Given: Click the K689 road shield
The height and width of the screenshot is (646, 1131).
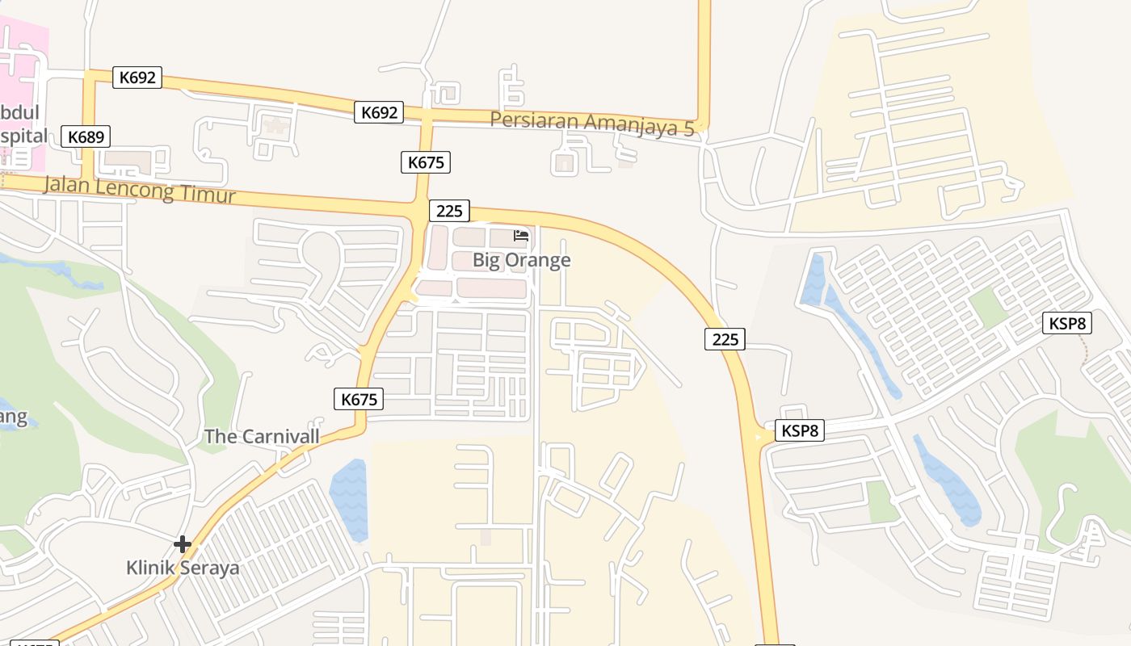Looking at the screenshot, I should click(x=86, y=136).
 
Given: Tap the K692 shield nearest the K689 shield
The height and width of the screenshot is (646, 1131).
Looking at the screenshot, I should click(x=137, y=78).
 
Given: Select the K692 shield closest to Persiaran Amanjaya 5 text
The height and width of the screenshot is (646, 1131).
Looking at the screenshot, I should click(x=378, y=112).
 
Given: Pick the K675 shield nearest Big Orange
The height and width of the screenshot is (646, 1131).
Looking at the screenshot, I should click(x=426, y=162).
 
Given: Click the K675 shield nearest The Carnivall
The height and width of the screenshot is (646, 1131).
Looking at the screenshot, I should click(x=359, y=399).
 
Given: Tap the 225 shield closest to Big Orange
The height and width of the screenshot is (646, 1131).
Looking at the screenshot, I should click(x=448, y=211).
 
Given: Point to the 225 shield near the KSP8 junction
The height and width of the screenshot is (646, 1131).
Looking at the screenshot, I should click(x=725, y=339).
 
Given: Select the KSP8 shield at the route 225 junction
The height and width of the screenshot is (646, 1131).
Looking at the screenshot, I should click(x=800, y=430).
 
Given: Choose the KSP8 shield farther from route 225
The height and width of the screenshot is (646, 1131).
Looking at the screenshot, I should click(x=1068, y=324).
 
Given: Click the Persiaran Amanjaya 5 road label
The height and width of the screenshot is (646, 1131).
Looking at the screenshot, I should click(x=592, y=124).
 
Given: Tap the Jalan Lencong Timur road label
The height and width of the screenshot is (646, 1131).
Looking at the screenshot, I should click(x=139, y=188).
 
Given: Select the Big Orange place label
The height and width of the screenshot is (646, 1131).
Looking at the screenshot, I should click(x=521, y=260).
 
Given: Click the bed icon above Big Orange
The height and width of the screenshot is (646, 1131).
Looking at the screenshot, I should click(x=521, y=236).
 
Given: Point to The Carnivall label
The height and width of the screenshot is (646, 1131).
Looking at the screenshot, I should click(x=262, y=437).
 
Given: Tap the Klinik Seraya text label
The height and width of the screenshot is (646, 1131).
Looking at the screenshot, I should click(x=183, y=568).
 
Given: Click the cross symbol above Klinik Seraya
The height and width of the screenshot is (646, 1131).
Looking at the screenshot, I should click(x=183, y=544).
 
